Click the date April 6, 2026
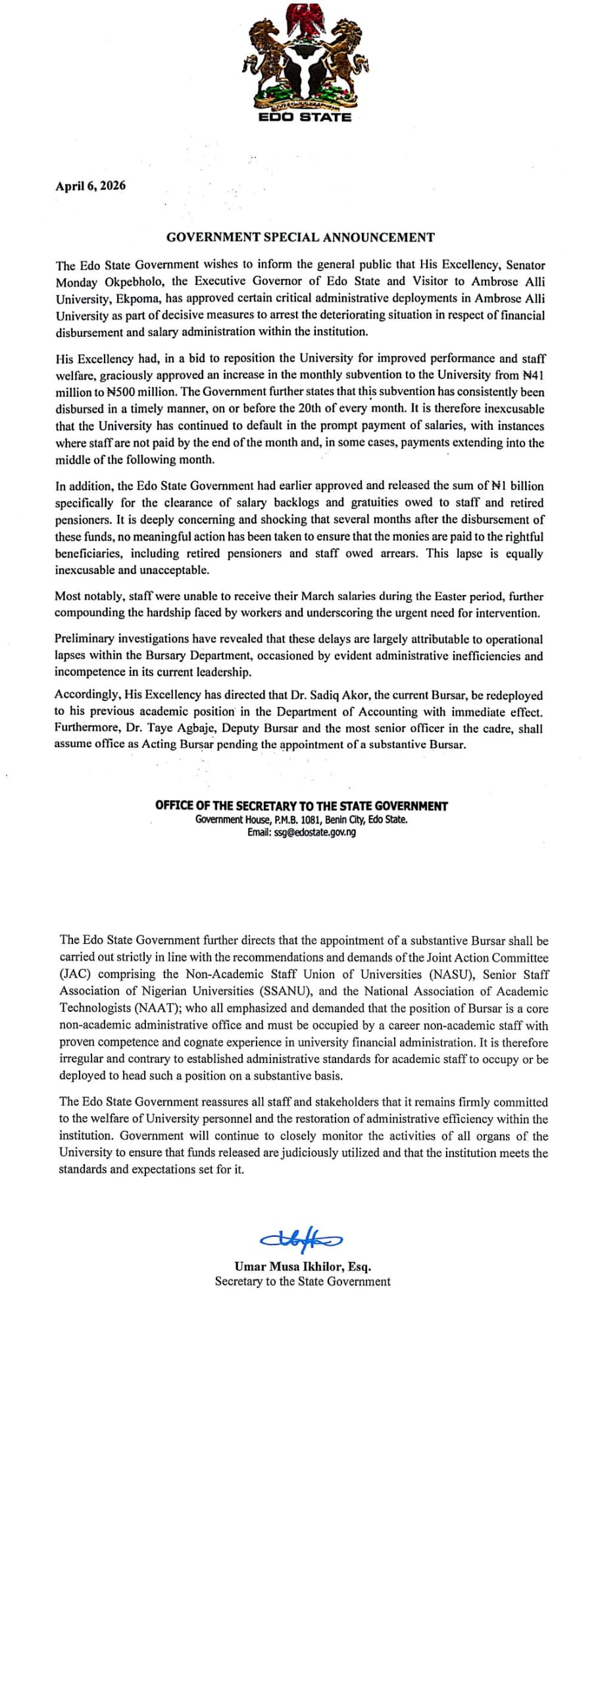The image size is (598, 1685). (90, 186)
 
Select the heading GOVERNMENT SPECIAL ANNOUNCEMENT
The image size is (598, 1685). (300, 237)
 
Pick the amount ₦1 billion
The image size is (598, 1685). (518, 486)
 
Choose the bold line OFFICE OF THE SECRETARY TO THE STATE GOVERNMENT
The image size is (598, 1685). (301, 806)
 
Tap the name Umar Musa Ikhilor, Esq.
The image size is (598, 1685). (303, 1266)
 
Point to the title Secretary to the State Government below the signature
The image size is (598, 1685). (303, 1282)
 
